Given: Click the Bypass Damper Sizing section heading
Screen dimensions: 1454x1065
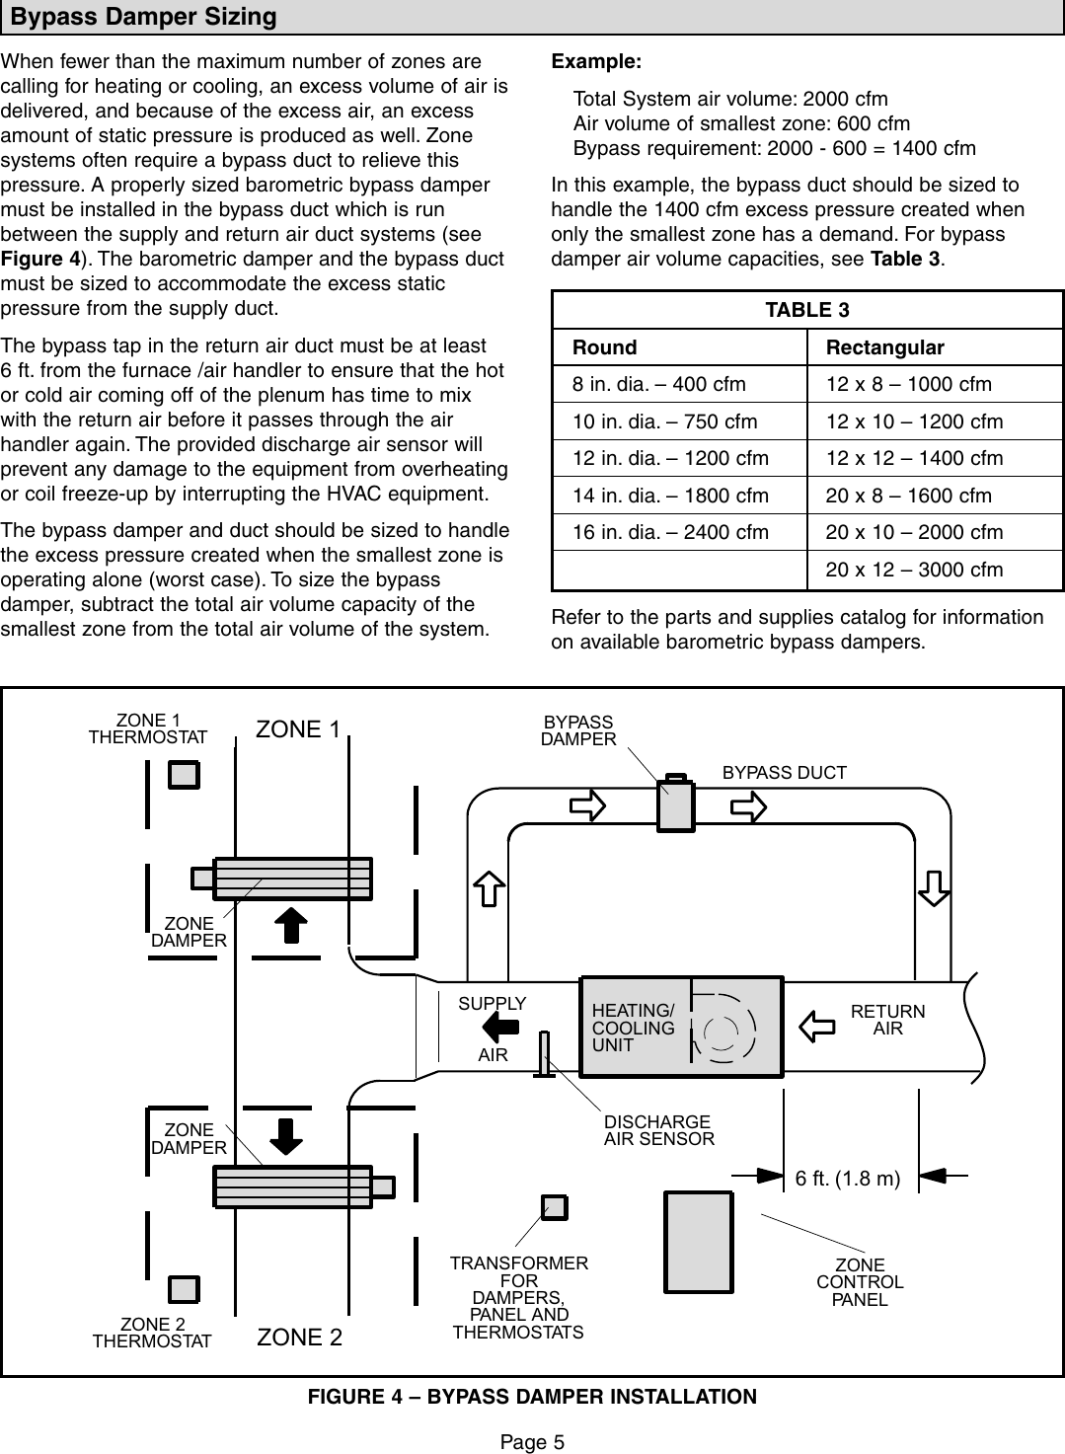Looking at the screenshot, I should coord(144,17).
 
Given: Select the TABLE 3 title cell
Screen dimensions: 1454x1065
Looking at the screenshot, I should coord(806,310).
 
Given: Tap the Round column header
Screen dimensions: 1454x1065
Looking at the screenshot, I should coord(605,347).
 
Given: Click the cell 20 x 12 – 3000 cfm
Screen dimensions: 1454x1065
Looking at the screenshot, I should coord(914,570).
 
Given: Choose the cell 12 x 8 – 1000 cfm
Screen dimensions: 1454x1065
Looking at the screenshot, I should coord(908,384).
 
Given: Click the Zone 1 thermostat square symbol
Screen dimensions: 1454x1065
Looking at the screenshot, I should coord(184,775).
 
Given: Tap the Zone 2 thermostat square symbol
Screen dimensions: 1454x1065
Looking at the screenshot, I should coord(184,1289).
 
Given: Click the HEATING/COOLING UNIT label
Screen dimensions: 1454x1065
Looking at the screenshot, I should coord(633,1028).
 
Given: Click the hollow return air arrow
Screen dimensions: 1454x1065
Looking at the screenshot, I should coord(816,1025).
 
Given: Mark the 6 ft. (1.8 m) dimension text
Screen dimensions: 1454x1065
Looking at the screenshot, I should coord(848,1179).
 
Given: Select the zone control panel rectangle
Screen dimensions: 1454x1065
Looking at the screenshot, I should coord(698,1242).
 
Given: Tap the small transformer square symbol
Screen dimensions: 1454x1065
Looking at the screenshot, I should coord(555,1207).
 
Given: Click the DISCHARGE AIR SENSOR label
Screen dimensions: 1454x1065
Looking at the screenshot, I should coord(658,1130).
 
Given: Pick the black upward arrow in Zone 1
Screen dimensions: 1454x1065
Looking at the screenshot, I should coord(290,926).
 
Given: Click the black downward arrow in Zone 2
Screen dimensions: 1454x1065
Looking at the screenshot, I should coord(286,1135).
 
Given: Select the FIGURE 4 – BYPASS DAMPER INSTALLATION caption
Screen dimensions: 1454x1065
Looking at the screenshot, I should coord(532,1397).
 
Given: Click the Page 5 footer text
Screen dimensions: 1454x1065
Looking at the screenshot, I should coord(532,1442).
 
